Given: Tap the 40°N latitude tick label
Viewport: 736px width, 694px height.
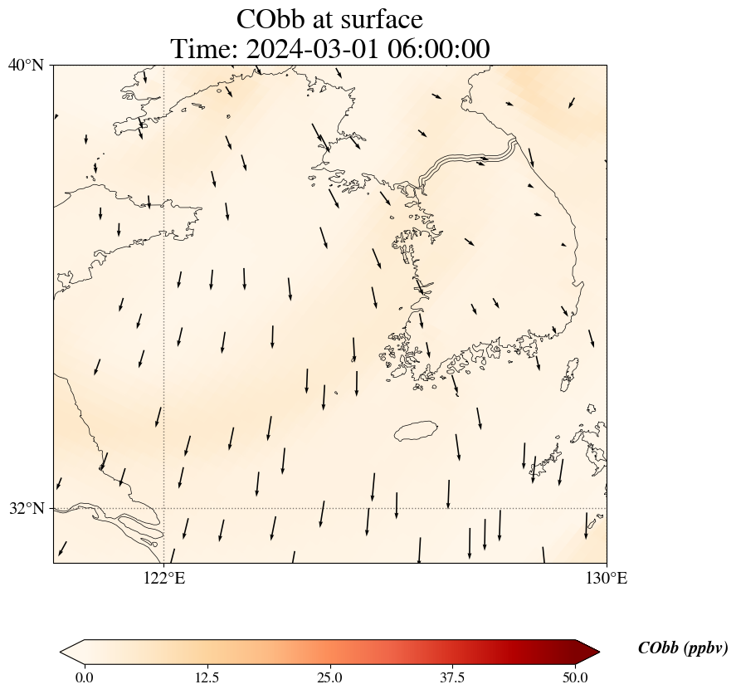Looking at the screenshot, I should click(x=27, y=65).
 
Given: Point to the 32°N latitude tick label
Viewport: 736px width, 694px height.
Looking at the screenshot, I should click(x=27, y=508).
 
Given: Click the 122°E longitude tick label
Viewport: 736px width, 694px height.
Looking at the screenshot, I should click(x=164, y=578).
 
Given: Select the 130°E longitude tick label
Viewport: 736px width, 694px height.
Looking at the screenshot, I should click(x=607, y=578).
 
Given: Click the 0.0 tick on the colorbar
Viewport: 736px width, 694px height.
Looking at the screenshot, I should click(x=84, y=677).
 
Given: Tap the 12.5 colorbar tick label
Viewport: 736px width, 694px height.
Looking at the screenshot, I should click(x=207, y=677).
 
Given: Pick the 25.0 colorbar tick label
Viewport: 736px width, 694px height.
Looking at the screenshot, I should click(x=329, y=677).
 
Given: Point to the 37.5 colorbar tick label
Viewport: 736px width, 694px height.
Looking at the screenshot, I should click(x=452, y=677).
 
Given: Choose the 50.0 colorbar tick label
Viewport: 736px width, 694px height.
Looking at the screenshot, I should click(x=575, y=677).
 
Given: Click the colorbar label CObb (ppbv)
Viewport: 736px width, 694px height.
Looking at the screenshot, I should click(x=682, y=648).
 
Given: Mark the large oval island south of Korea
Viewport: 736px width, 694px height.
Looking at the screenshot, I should click(x=416, y=431).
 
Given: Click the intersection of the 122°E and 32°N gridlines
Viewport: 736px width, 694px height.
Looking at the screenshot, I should click(x=164, y=508).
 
